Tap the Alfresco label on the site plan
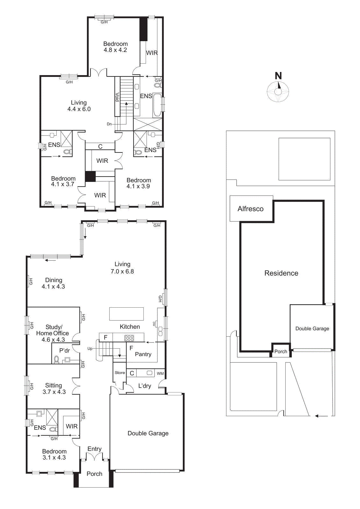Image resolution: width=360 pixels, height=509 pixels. pyautogui.click(x=251, y=209)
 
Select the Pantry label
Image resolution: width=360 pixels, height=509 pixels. pyautogui.click(x=143, y=354)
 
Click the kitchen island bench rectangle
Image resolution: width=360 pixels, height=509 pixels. pyautogui.click(x=126, y=314)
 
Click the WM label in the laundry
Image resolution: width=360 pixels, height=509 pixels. pyautogui.click(x=160, y=373)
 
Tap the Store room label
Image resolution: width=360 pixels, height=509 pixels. pyautogui.click(x=120, y=373)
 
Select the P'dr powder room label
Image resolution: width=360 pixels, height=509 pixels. pyautogui.click(x=65, y=351)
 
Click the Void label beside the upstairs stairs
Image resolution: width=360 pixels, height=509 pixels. pyautogui.click(x=117, y=97)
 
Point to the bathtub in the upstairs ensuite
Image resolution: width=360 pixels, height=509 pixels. pyautogui.click(x=157, y=105)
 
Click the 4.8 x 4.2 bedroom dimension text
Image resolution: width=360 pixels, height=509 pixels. pyautogui.click(x=115, y=50)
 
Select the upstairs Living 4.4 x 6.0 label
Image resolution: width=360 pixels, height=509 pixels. pyautogui.click(x=79, y=106)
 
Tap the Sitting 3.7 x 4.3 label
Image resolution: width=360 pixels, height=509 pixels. pyautogui.click(x=54, y=389)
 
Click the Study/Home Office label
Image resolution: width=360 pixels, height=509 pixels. pyautogui.click(x=53, y=333)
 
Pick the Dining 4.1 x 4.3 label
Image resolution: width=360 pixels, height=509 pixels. pyautogui.click(x=53, y=283)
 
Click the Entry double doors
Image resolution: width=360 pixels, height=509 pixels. pyautogui.click(x=94, y=457)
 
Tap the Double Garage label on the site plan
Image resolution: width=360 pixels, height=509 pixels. pyautogui.click(x=312, y=329)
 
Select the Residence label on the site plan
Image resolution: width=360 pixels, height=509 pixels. pyautogui.click(x=281, y=273)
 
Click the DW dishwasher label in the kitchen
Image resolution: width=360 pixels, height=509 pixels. pyautogui.click(x=154, y=324)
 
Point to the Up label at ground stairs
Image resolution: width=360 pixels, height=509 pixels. pyautogui.click(x=90, y=349)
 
